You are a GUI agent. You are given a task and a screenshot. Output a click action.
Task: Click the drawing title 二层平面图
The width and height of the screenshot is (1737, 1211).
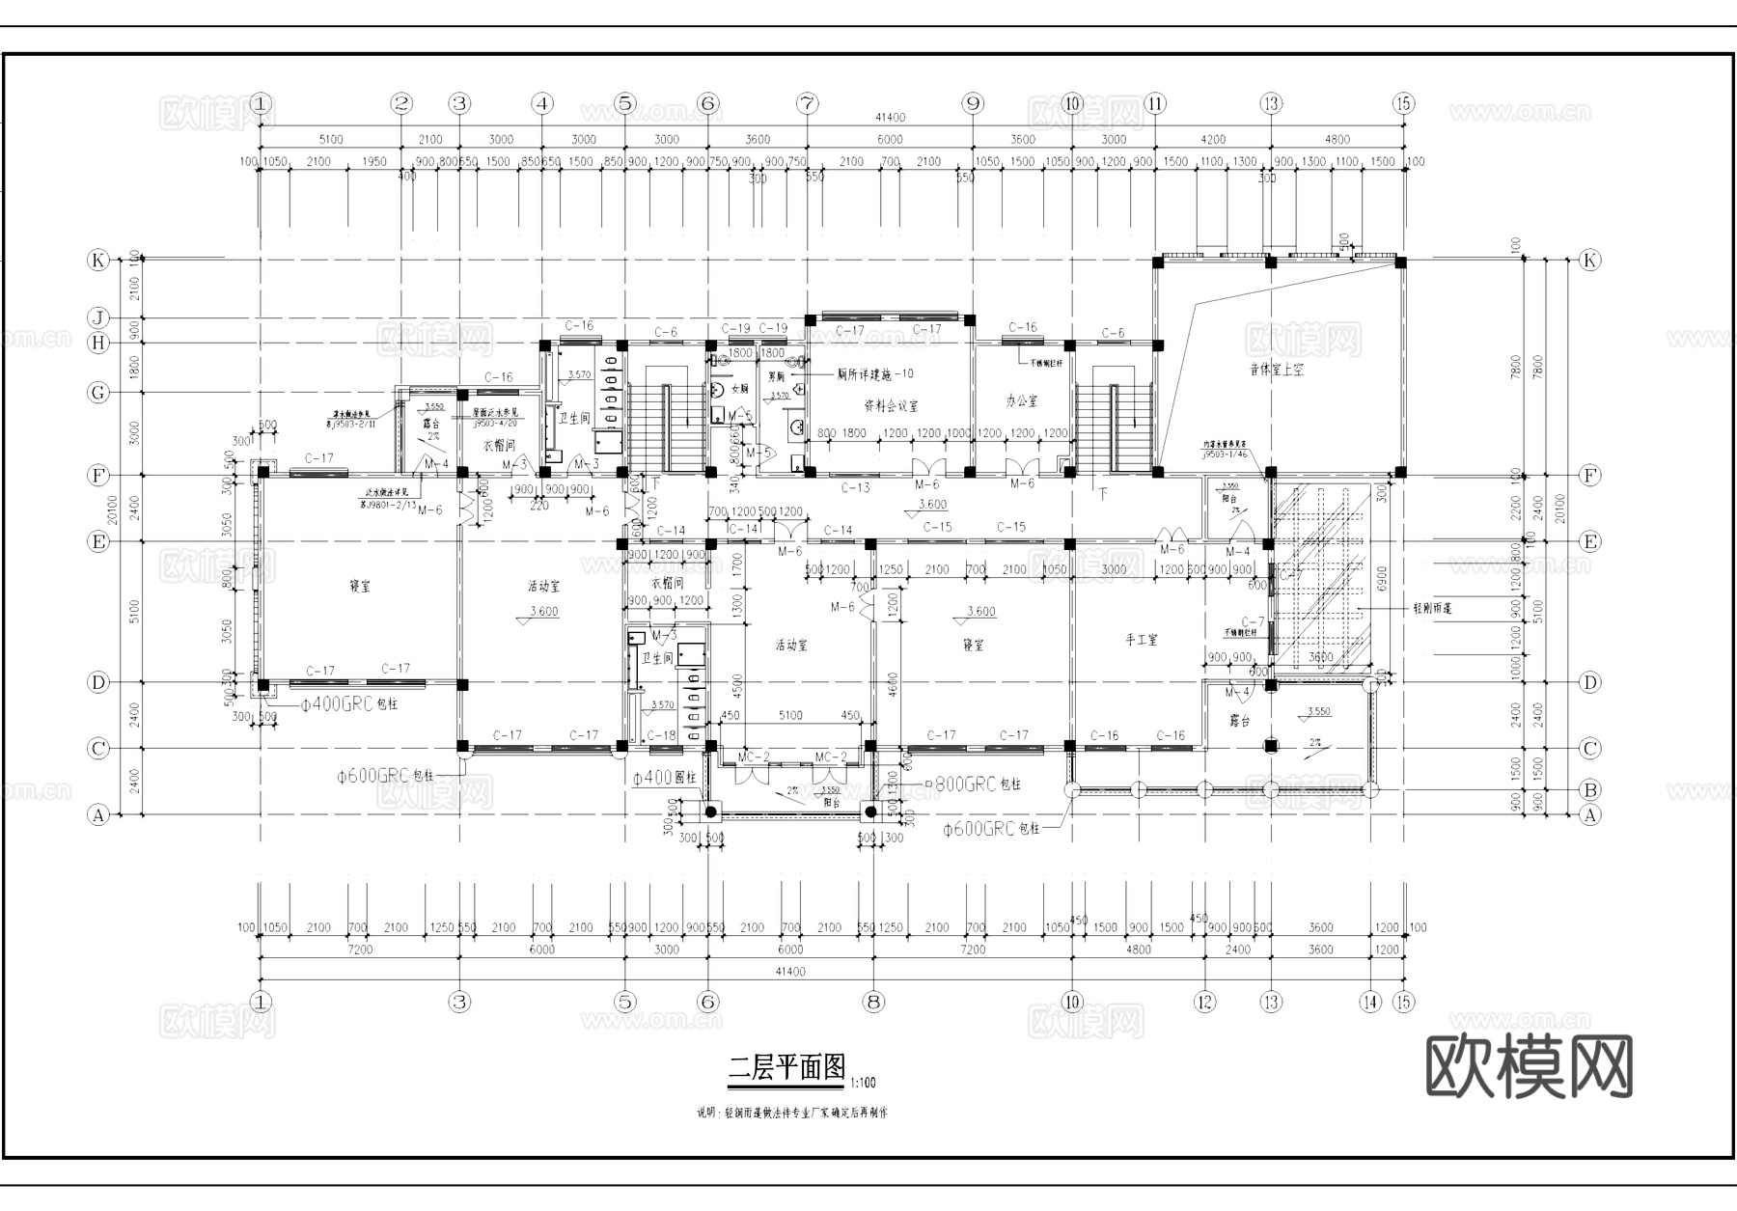pos(786,1067)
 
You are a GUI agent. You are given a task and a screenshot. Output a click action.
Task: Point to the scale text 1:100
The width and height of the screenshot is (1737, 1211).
pos(864,1083)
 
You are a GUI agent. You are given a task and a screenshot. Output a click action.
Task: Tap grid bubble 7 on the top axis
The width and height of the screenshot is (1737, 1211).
pos(807,103)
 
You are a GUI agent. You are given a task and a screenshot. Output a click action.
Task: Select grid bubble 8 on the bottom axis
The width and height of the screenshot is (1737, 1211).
pos(873,1002)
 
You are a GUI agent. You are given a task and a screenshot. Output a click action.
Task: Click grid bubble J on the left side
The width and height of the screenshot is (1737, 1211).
pos(97,318)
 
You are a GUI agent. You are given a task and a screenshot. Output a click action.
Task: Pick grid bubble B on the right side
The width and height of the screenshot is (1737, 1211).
pos(1589,790)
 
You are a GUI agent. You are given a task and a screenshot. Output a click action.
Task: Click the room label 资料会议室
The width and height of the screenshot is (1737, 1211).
pos(890,407)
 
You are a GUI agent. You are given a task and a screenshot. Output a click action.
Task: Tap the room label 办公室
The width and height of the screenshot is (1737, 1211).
pos(1021,399)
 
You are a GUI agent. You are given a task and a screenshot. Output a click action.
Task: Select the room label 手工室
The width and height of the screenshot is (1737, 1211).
pos(1141,640)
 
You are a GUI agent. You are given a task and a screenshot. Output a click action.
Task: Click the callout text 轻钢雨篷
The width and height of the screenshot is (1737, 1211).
pos(1433,609)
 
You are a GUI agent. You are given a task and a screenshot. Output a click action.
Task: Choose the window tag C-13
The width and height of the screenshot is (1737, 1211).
pos(855,488)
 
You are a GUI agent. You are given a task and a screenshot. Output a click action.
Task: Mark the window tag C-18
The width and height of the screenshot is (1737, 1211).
pos(661,735)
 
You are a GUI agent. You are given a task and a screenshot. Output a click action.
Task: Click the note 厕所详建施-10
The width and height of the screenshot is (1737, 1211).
pos(874,373)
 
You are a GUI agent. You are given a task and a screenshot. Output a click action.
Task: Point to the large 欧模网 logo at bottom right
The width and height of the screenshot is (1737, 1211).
pos(1529,1066)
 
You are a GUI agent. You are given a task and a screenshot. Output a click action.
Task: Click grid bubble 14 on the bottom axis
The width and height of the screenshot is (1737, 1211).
pos(1370,1002)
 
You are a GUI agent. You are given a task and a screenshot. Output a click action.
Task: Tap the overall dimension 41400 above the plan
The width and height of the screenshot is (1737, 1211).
pos(890,118)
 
